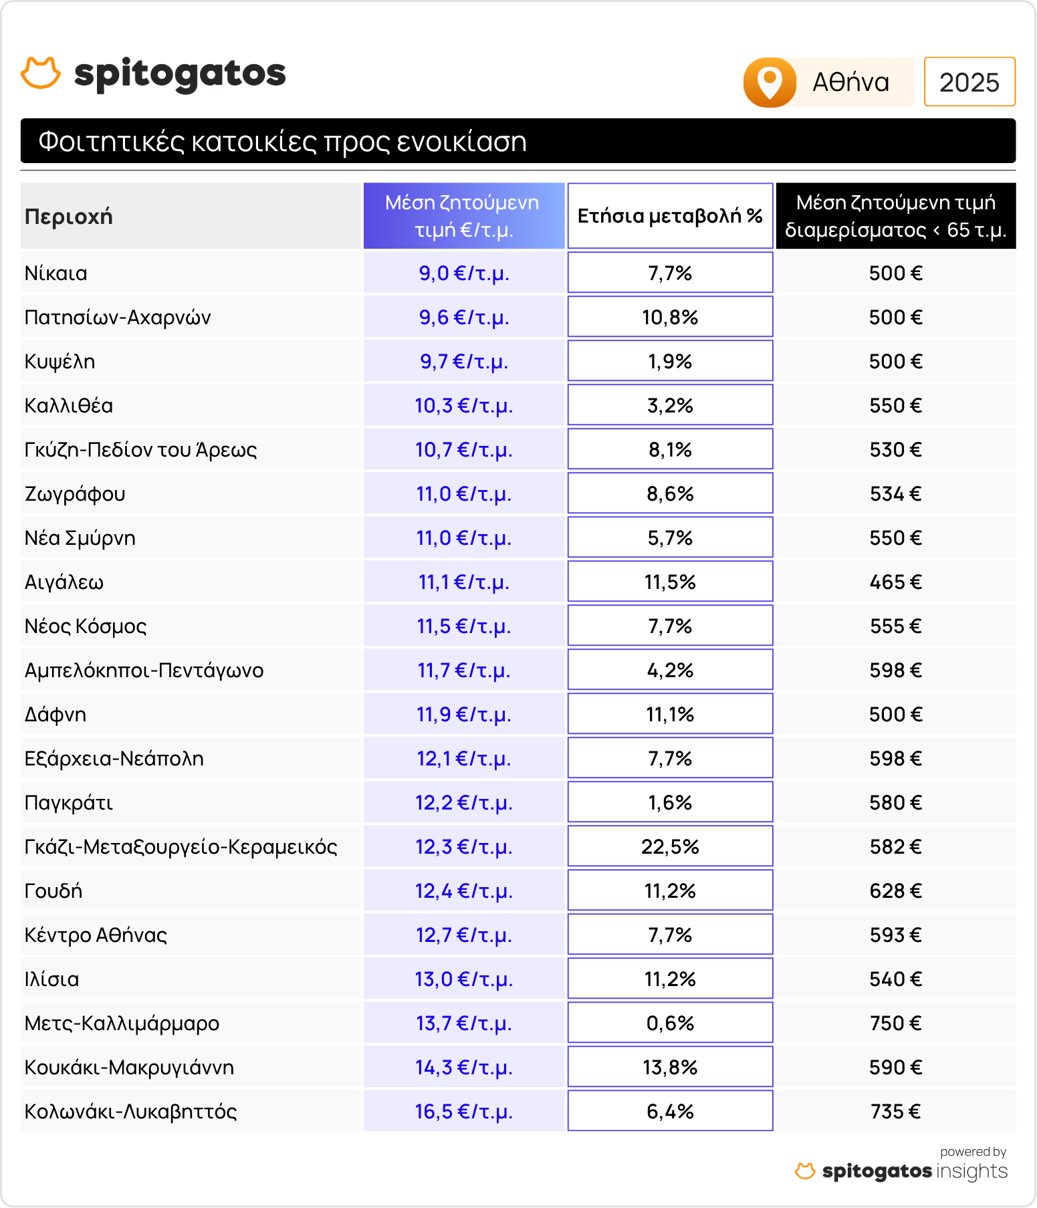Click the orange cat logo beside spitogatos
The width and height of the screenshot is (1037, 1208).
41,73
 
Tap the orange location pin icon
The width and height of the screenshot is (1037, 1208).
770,82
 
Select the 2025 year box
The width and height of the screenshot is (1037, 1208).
969,82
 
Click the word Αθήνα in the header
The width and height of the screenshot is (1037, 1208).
850,82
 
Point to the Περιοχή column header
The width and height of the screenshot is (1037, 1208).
69,217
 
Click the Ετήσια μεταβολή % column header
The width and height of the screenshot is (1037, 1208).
670,216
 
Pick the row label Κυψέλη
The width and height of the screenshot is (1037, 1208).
60,361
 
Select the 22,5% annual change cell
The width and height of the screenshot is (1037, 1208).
670,846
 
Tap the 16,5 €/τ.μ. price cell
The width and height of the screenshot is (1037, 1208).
463,1111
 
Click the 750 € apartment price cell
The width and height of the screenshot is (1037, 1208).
895,1023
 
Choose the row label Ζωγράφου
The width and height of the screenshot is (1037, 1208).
75,493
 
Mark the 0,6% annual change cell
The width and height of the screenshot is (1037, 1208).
670,1023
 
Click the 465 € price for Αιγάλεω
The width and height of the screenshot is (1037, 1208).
895,582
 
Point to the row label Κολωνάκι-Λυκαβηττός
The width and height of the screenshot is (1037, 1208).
131,1111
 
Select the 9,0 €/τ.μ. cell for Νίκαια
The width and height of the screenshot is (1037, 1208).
463,273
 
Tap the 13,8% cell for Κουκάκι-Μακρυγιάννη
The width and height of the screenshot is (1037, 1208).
670,1067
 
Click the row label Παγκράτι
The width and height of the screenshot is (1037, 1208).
69,802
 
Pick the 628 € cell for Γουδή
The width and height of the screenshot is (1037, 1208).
895,890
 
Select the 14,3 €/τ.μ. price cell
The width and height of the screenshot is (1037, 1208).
463,1067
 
